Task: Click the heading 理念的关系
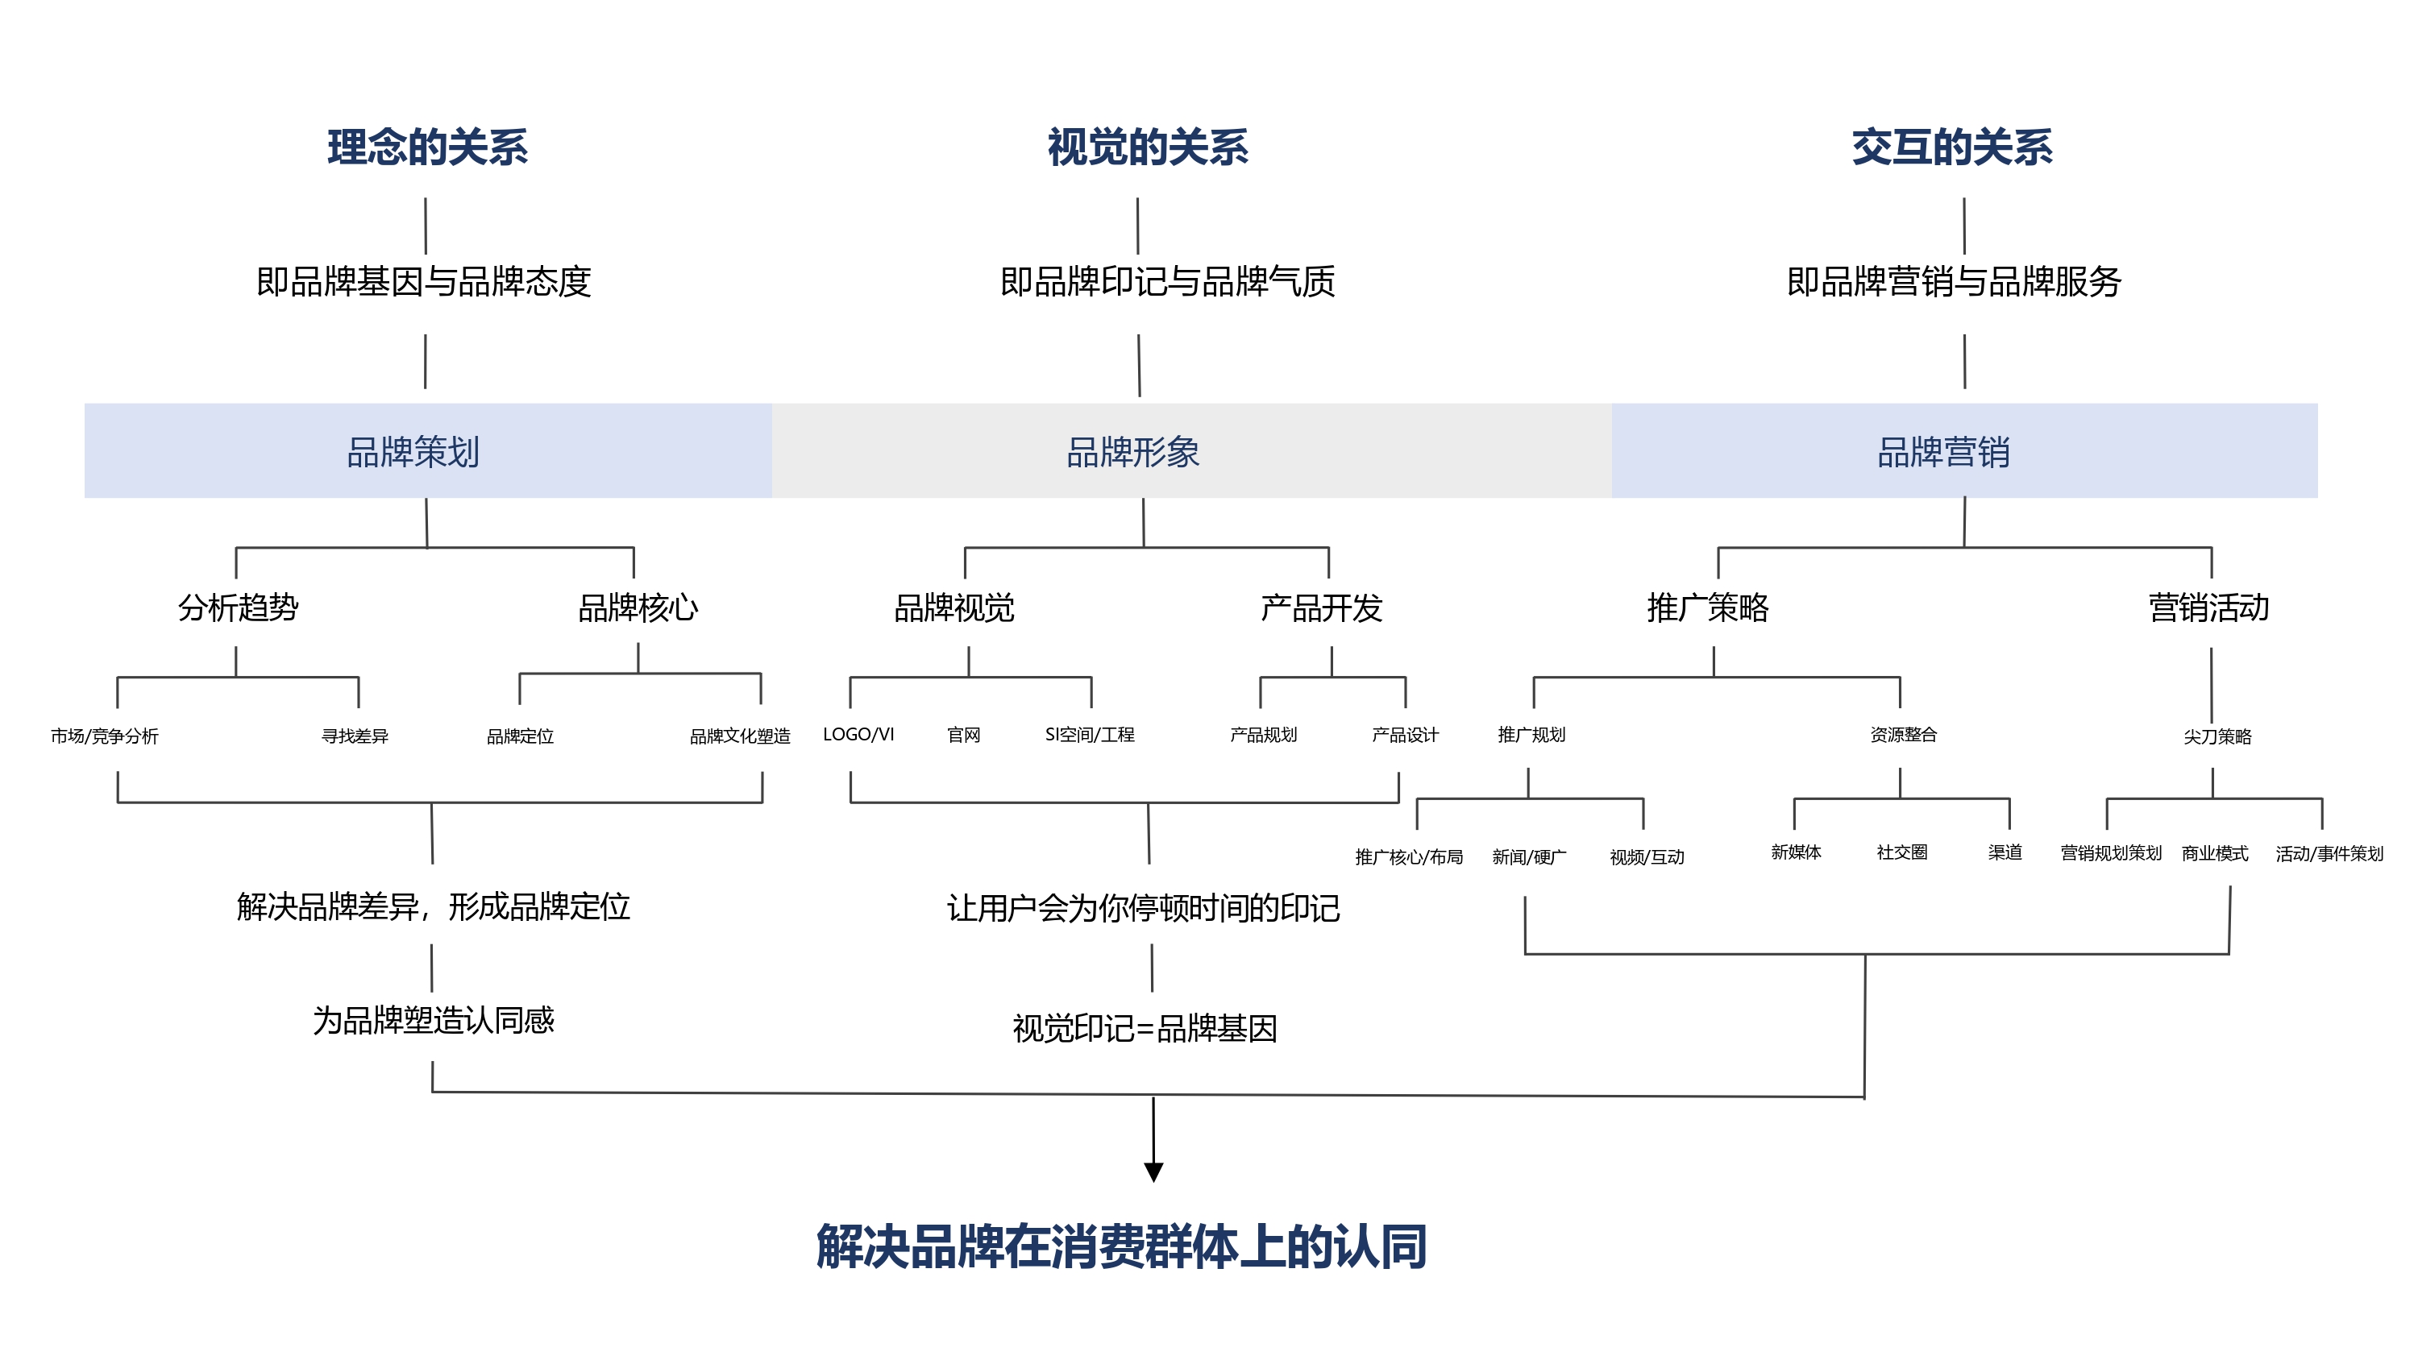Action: (427, 147)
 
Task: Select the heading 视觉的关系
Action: (1148, 147)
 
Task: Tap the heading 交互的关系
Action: (1951, 147)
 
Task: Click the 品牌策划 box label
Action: (413, 451)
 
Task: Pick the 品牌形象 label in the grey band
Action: (1133, 451)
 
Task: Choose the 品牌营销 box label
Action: (1943, 451)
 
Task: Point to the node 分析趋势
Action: (239, 607)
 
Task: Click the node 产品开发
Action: (1322, 607)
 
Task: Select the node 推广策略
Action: (1707, 607)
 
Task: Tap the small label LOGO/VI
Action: (858, 734)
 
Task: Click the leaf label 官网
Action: (964, 734)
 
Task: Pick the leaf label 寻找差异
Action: (355, 736)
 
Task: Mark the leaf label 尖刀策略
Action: (2217, 736)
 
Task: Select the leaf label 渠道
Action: (2005, 852)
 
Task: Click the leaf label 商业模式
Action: (2215, 853)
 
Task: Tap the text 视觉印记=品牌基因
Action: (1145, 1029)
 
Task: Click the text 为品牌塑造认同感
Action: (434, 1020)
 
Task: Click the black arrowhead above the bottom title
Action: (1153, 1172)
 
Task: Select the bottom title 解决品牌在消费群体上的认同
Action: (1122, 1246)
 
